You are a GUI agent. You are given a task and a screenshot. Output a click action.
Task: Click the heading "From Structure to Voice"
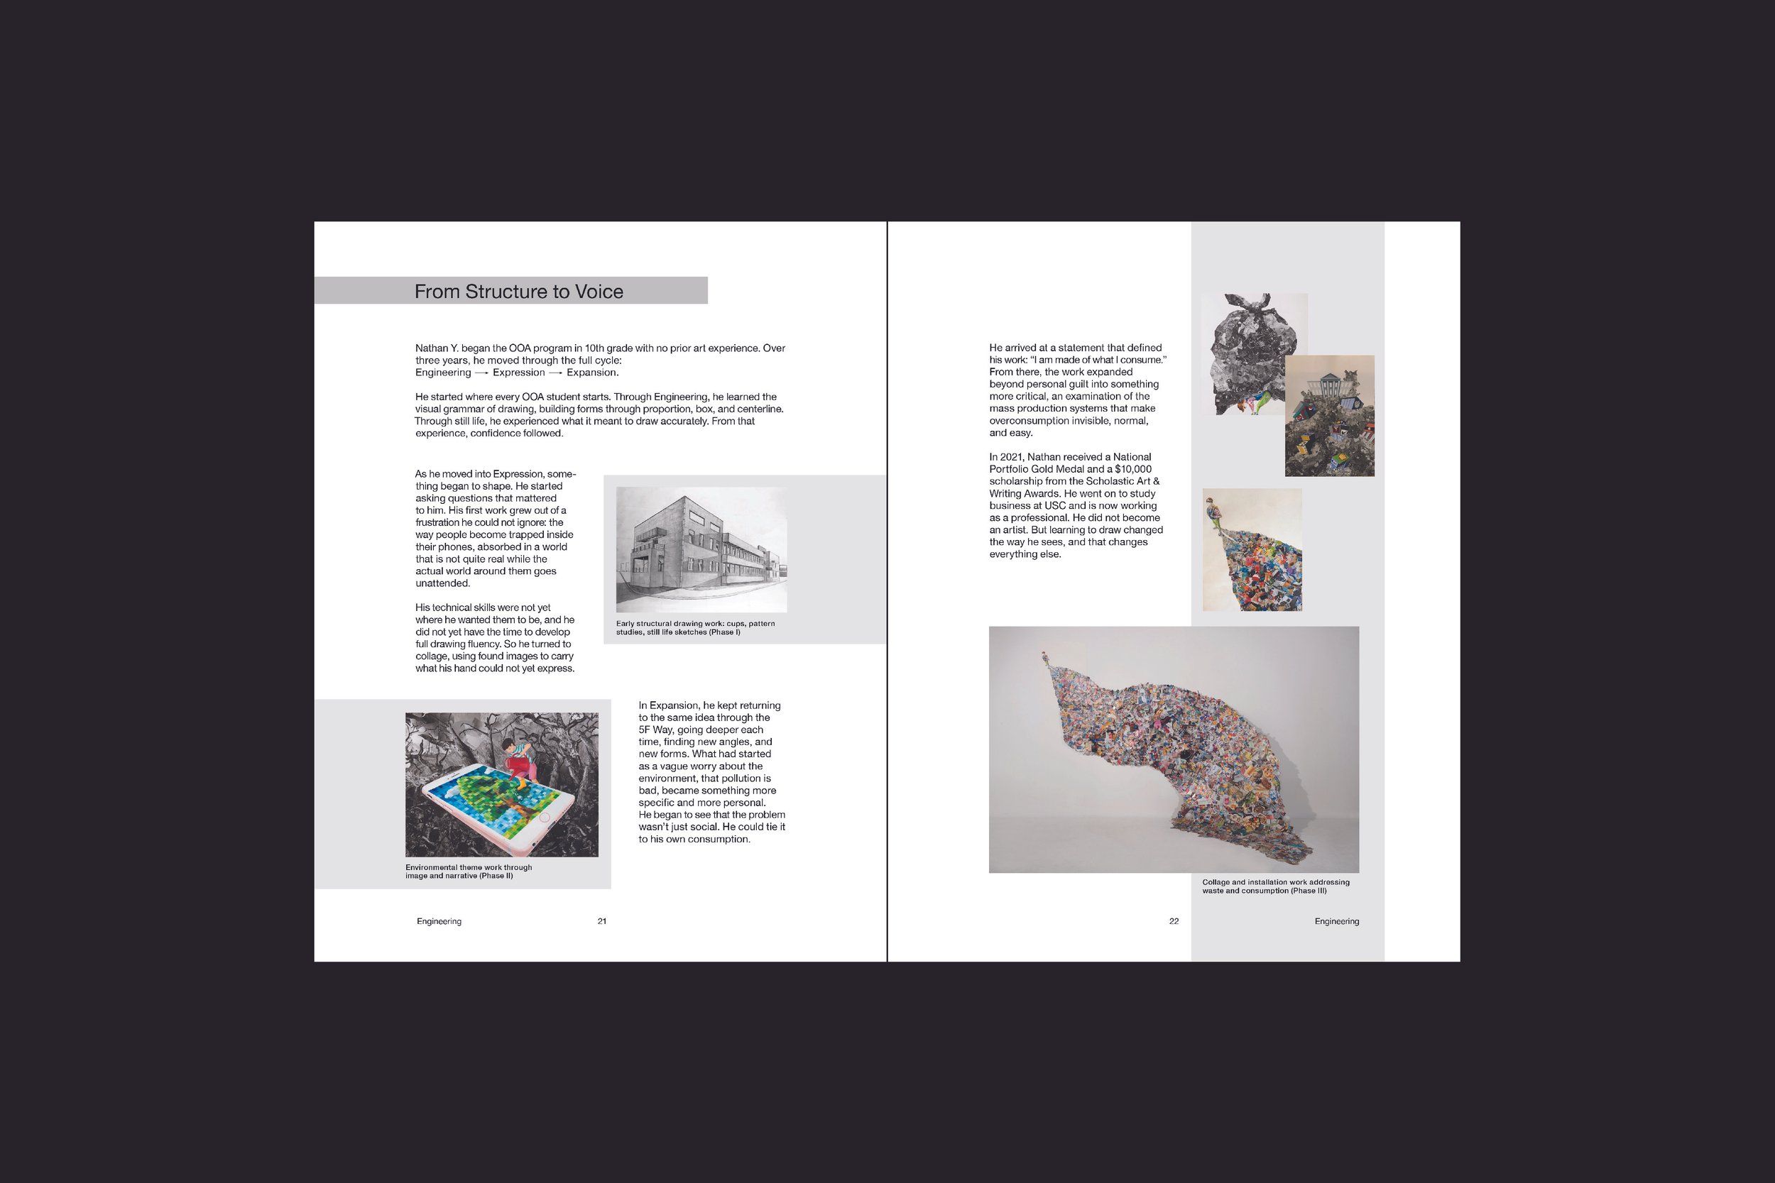click(518, 292)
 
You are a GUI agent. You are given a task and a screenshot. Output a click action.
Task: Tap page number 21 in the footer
click(601, 921)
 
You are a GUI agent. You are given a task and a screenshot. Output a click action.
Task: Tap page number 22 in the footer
click(1174, 921)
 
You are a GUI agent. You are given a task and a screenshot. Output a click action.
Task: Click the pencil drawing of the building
click(701, 549)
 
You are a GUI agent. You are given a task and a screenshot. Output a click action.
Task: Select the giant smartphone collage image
click(502, 785)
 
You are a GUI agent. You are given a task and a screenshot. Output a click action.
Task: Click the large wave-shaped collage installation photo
click(1174, 749)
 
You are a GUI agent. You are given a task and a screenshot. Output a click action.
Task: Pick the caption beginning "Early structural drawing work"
click(695, 628)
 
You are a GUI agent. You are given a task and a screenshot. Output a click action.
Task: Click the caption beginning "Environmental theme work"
click(469, 871)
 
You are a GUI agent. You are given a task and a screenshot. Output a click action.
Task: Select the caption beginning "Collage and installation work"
click(1275, 886)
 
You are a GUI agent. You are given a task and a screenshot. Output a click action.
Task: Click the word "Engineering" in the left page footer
click(439, 921)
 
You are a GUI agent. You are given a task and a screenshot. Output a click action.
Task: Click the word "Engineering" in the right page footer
click(1336, 921)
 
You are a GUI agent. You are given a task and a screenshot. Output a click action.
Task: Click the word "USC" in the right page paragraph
click(1055, 505)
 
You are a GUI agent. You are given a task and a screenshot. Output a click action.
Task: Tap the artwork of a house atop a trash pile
click(1330, 416)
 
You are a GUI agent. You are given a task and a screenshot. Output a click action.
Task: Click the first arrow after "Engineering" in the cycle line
click(481, 373)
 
